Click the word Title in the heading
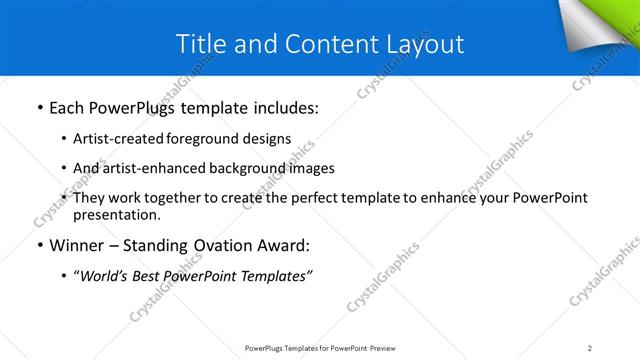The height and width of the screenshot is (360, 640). click(x=199, y=44)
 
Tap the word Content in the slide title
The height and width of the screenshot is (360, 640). click(x=322, y=44)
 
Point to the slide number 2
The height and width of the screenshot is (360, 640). click(x=590, y=348)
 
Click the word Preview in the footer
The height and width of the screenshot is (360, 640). click(x=386, y=348)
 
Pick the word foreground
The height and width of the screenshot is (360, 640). click(x=206, y=138)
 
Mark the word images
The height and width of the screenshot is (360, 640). click(x=312, y=168)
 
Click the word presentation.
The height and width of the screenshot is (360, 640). click(x=116, y=214)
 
